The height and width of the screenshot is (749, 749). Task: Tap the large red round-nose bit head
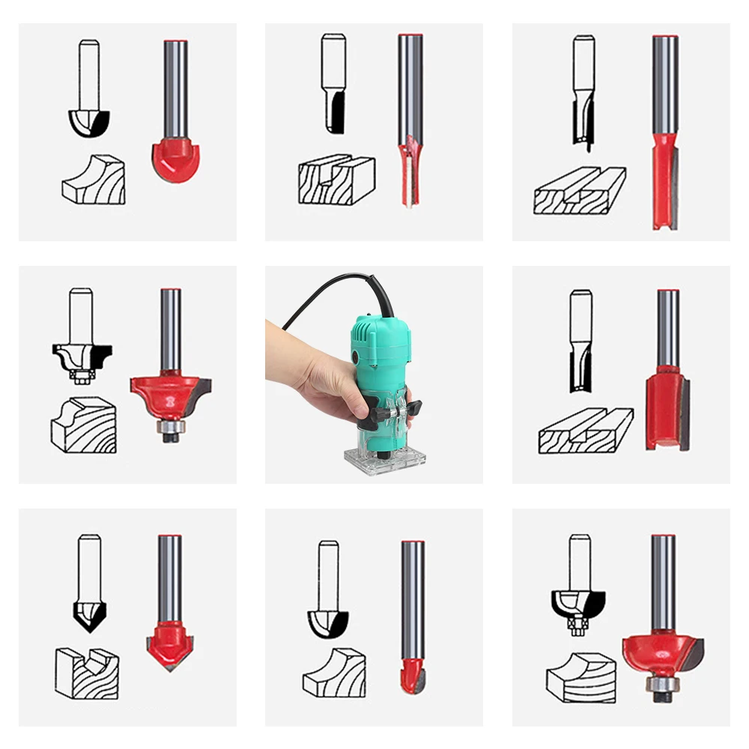[177, 157]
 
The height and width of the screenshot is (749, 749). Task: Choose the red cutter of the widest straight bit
[667, 408]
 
